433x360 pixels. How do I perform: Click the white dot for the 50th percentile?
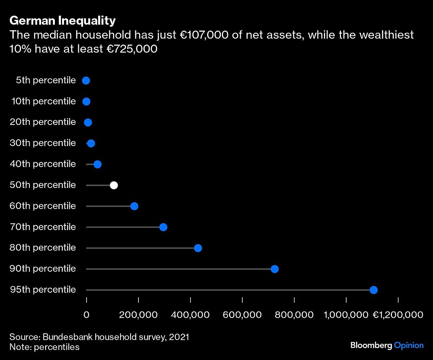[114, 185]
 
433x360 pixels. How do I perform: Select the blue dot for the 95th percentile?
[373, 290]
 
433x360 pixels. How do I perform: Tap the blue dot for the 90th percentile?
[275, 269]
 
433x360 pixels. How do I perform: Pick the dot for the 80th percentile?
[198, 248]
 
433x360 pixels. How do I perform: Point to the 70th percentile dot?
[163, 227]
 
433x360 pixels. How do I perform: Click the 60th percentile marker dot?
[134, 206]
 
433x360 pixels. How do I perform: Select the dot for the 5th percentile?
[86, 81]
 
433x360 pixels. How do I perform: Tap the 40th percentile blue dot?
[97, 165]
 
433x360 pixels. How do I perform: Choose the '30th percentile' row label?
[43, 143]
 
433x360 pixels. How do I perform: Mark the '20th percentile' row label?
[43, 122]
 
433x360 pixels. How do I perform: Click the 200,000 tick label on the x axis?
[139, 315]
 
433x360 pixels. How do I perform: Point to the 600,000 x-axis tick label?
[242, 315]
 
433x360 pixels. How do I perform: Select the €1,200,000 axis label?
[397, 315]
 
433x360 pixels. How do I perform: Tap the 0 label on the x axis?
[87, 315]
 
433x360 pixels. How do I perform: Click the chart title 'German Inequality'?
[62, 21]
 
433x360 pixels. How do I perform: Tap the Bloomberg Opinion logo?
[387, 346]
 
